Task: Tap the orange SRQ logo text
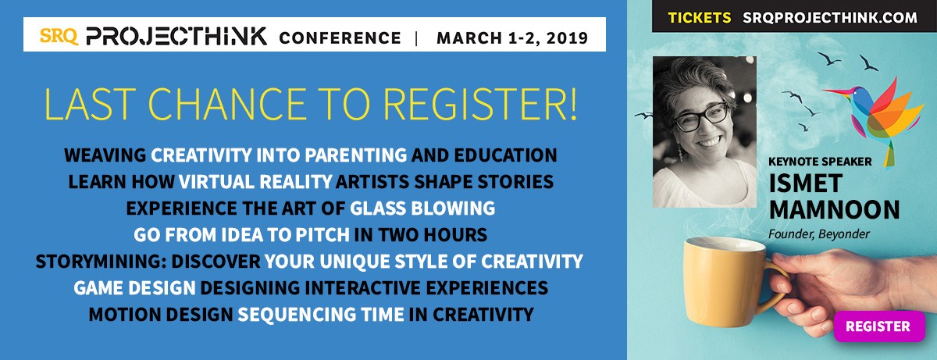point(59,37)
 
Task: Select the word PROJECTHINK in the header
point(176,37)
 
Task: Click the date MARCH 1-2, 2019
point(512,38)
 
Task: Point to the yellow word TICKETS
point(700,17)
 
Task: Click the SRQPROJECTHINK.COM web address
point(830,17)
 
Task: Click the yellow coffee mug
point(731,281)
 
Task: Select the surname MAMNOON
point(834,209)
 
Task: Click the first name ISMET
point(805,184)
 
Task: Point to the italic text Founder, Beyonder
point(818,234)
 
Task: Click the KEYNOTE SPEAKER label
point(820,162)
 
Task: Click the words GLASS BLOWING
point(422,209)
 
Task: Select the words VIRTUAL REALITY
point(255,182)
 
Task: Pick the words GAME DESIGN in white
point(134,288)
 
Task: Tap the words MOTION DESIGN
point(161,315)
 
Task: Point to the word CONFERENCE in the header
point(340,38)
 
